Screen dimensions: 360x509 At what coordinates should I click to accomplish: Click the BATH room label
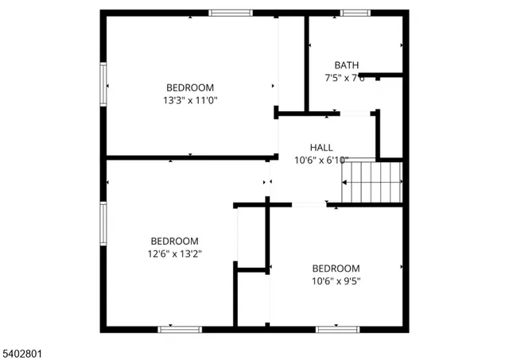point(346,65)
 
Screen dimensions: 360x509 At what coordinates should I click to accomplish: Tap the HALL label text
point(321,147)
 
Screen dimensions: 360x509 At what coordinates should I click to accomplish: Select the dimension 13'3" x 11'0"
point(190,101)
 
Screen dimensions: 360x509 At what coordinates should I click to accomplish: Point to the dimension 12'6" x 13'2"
point(175,254)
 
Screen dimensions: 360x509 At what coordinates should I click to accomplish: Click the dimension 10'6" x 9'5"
point(336,281)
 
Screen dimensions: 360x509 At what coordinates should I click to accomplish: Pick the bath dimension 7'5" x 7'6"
point(344,78)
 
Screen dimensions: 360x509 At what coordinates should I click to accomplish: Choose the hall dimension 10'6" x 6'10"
point(321,160)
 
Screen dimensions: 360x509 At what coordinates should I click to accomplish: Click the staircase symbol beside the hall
point(371,182)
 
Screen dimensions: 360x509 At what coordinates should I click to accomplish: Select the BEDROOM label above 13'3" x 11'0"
point(190,87)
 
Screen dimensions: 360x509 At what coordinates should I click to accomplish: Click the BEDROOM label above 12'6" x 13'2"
point(175,241)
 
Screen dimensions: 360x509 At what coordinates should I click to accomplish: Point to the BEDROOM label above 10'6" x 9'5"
point(336,268)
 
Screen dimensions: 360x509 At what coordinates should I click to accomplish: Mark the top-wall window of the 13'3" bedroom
point(231,13)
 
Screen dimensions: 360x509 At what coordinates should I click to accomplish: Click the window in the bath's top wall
point(355,13)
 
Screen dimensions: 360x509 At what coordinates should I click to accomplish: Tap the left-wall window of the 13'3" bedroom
point(103,83)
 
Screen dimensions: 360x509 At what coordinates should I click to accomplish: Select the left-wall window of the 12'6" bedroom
point(103,224)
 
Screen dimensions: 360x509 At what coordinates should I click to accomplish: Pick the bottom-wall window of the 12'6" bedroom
point(180,328)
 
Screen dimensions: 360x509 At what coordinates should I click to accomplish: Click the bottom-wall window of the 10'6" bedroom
point(338,328)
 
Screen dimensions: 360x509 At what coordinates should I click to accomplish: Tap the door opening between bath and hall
point(357,114)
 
